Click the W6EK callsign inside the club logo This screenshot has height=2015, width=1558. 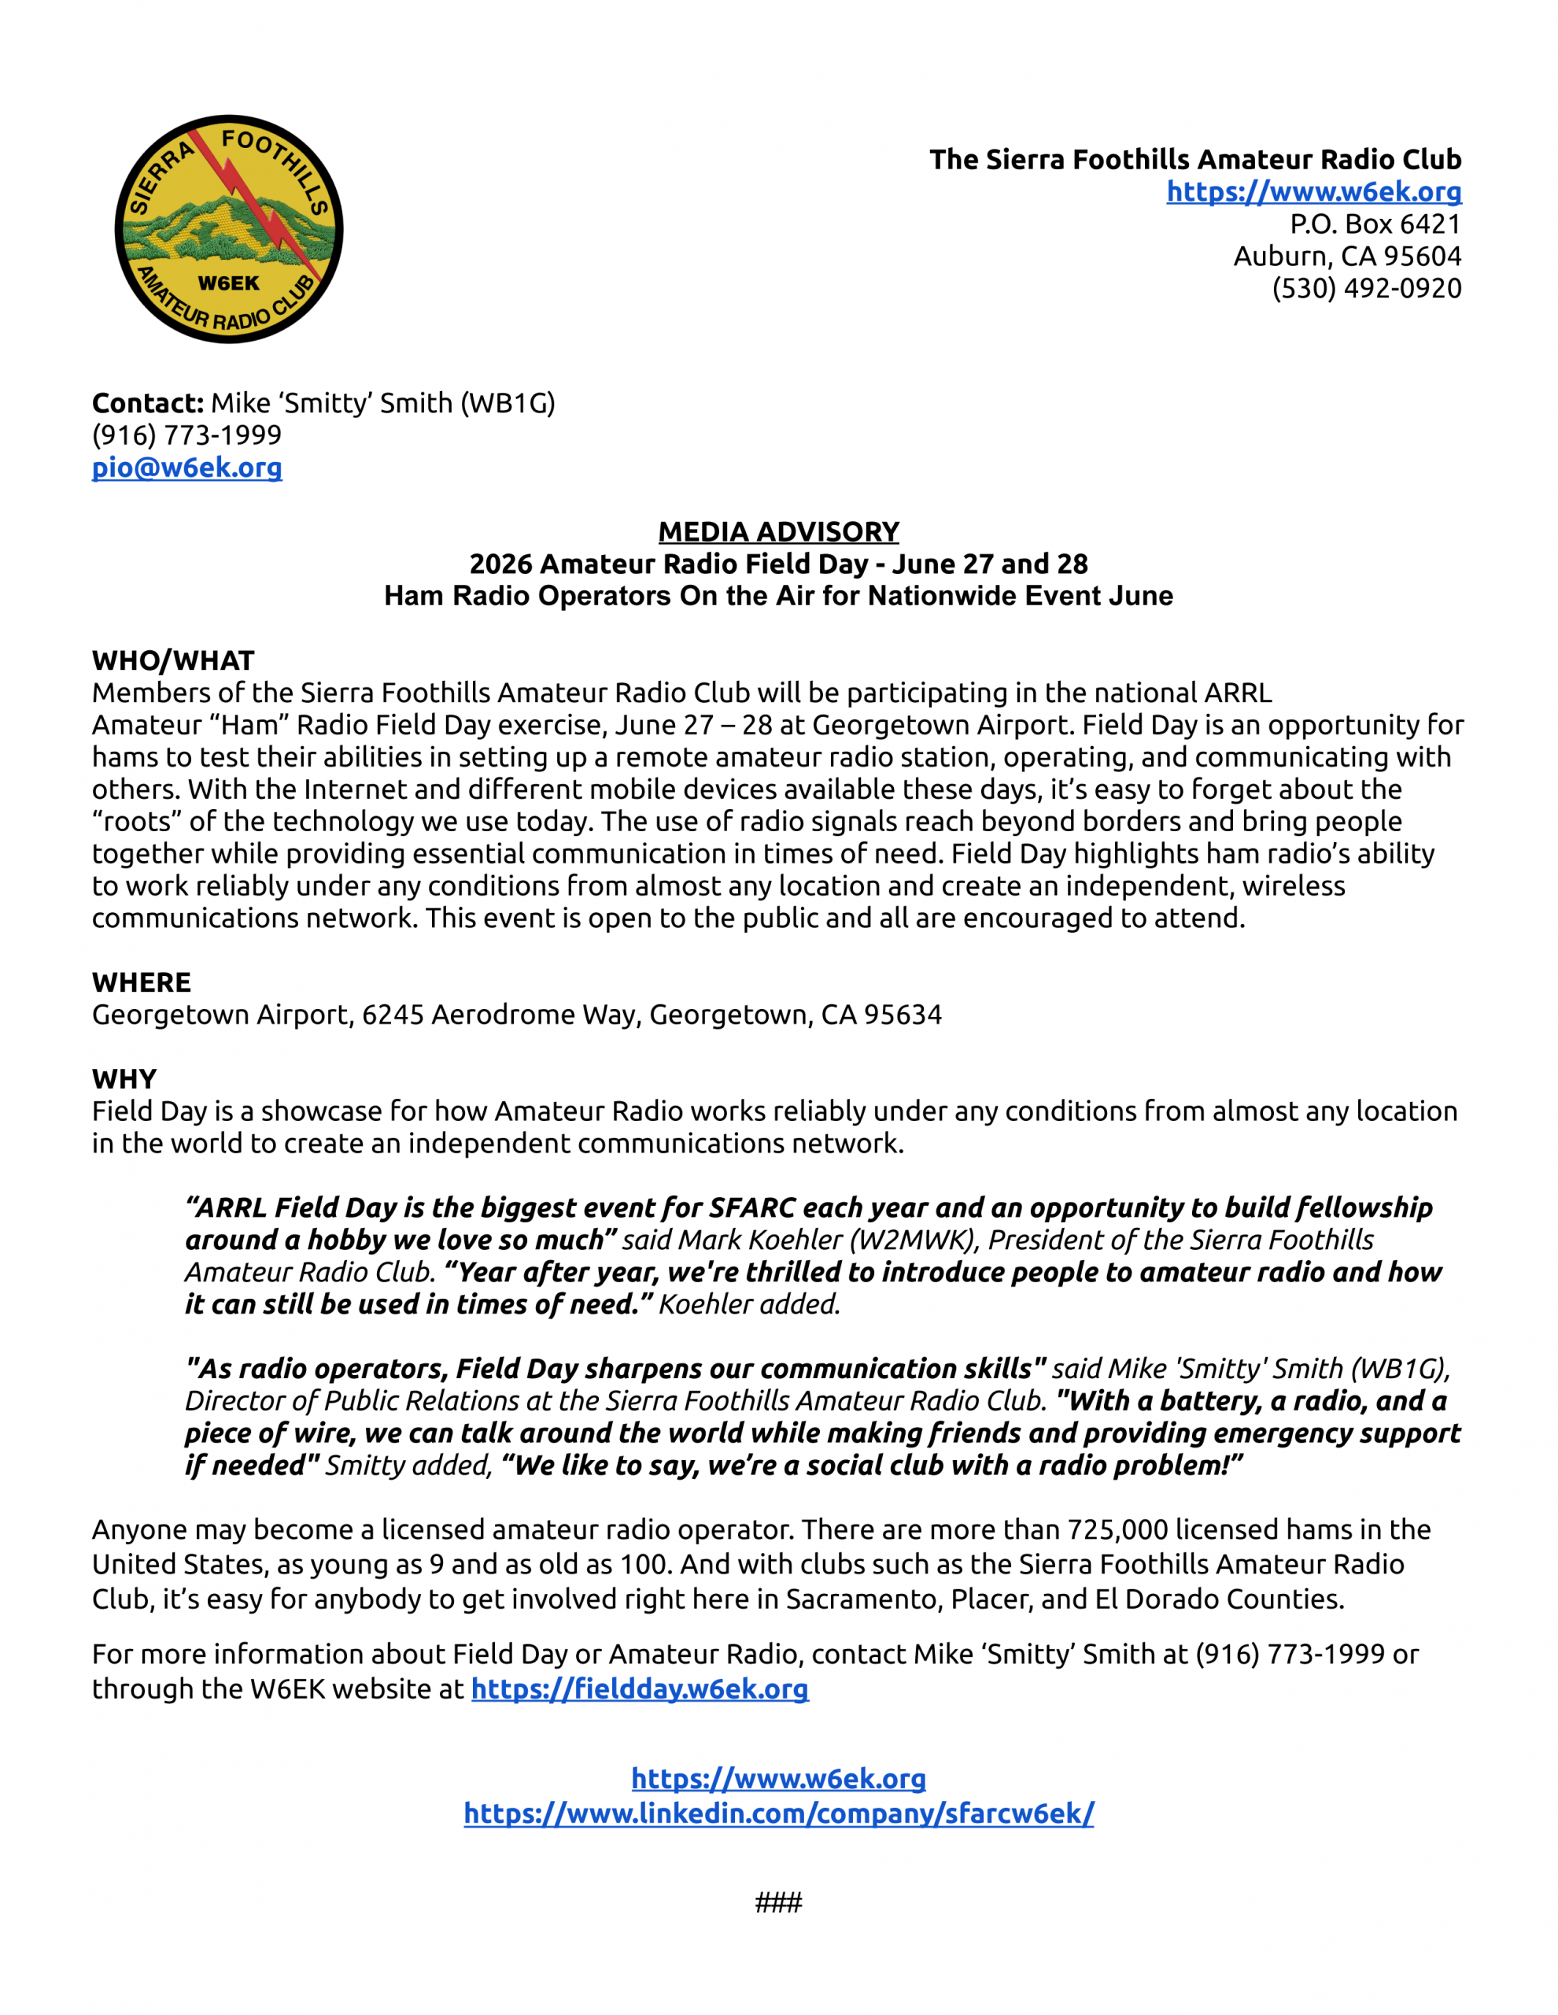pyautogui.click(x=229, y=283)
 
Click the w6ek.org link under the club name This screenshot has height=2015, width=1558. pyautogui.click(x=1313, y=192)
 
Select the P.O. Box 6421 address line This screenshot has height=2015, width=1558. pyautogui.click(x=1375, y=224)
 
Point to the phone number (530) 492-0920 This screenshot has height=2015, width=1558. pyautogui.click(x=1366, y=289)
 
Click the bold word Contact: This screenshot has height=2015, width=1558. pyautogui.click(x=148, y=403)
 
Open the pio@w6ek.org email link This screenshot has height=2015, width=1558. pyautogui.click(x=186, y=468)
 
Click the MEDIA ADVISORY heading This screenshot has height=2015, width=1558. pyautogui.click(x=778, y=531)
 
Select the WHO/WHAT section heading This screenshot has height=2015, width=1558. pyautogui.click(x=172, y=660)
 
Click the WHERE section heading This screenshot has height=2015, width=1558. pyautogui.click(x=141, y=982)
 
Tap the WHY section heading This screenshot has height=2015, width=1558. pyautogui.click(x=124, y=1078)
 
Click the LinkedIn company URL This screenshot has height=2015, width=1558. pyautogui.click(x=778, y=1813)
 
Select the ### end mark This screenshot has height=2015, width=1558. pyautogui.click(x=778, y=1902)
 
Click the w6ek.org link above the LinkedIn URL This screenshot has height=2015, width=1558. pyautogui.click(x=778, y=1778)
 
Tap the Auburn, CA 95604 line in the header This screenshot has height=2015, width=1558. pyautogui.click(x=1347, y=257)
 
